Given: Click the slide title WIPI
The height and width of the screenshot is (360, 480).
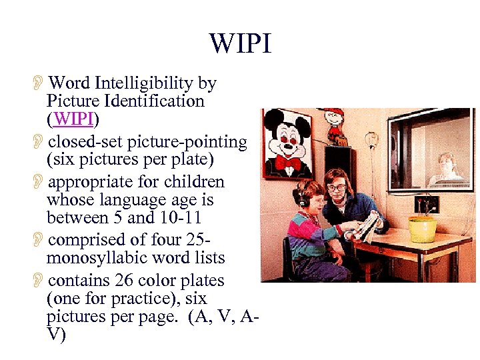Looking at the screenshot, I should (241, 44).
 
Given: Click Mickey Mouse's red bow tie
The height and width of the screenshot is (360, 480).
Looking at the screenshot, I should (288, 162).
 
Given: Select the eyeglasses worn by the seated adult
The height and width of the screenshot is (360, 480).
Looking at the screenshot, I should (336, 187).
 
